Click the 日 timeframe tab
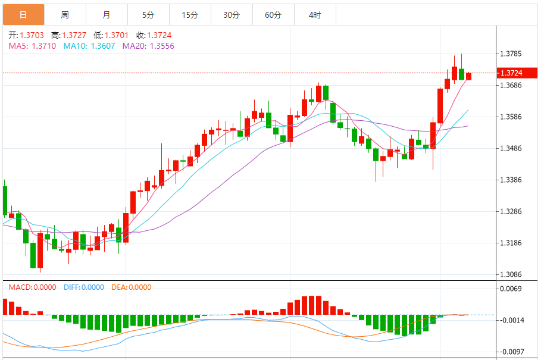[x=23, y=15]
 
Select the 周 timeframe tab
[x=64, y=15]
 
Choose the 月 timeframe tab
[x=106, y=15]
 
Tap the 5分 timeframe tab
[x=148, y=15]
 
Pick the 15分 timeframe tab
[x=190, y=15]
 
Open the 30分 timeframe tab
[x=232, y=15]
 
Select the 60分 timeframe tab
[x=273, y=15]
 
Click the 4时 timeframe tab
[x=315, y=15]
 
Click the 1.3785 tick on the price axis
[x=512, y=54]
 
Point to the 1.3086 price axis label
[x=512, y=274]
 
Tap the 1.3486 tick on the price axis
[x=512, y=148]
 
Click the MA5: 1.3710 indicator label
[x=32, y=46]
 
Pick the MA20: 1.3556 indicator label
[x=148, y=46]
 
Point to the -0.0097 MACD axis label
[x=511, y=352]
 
